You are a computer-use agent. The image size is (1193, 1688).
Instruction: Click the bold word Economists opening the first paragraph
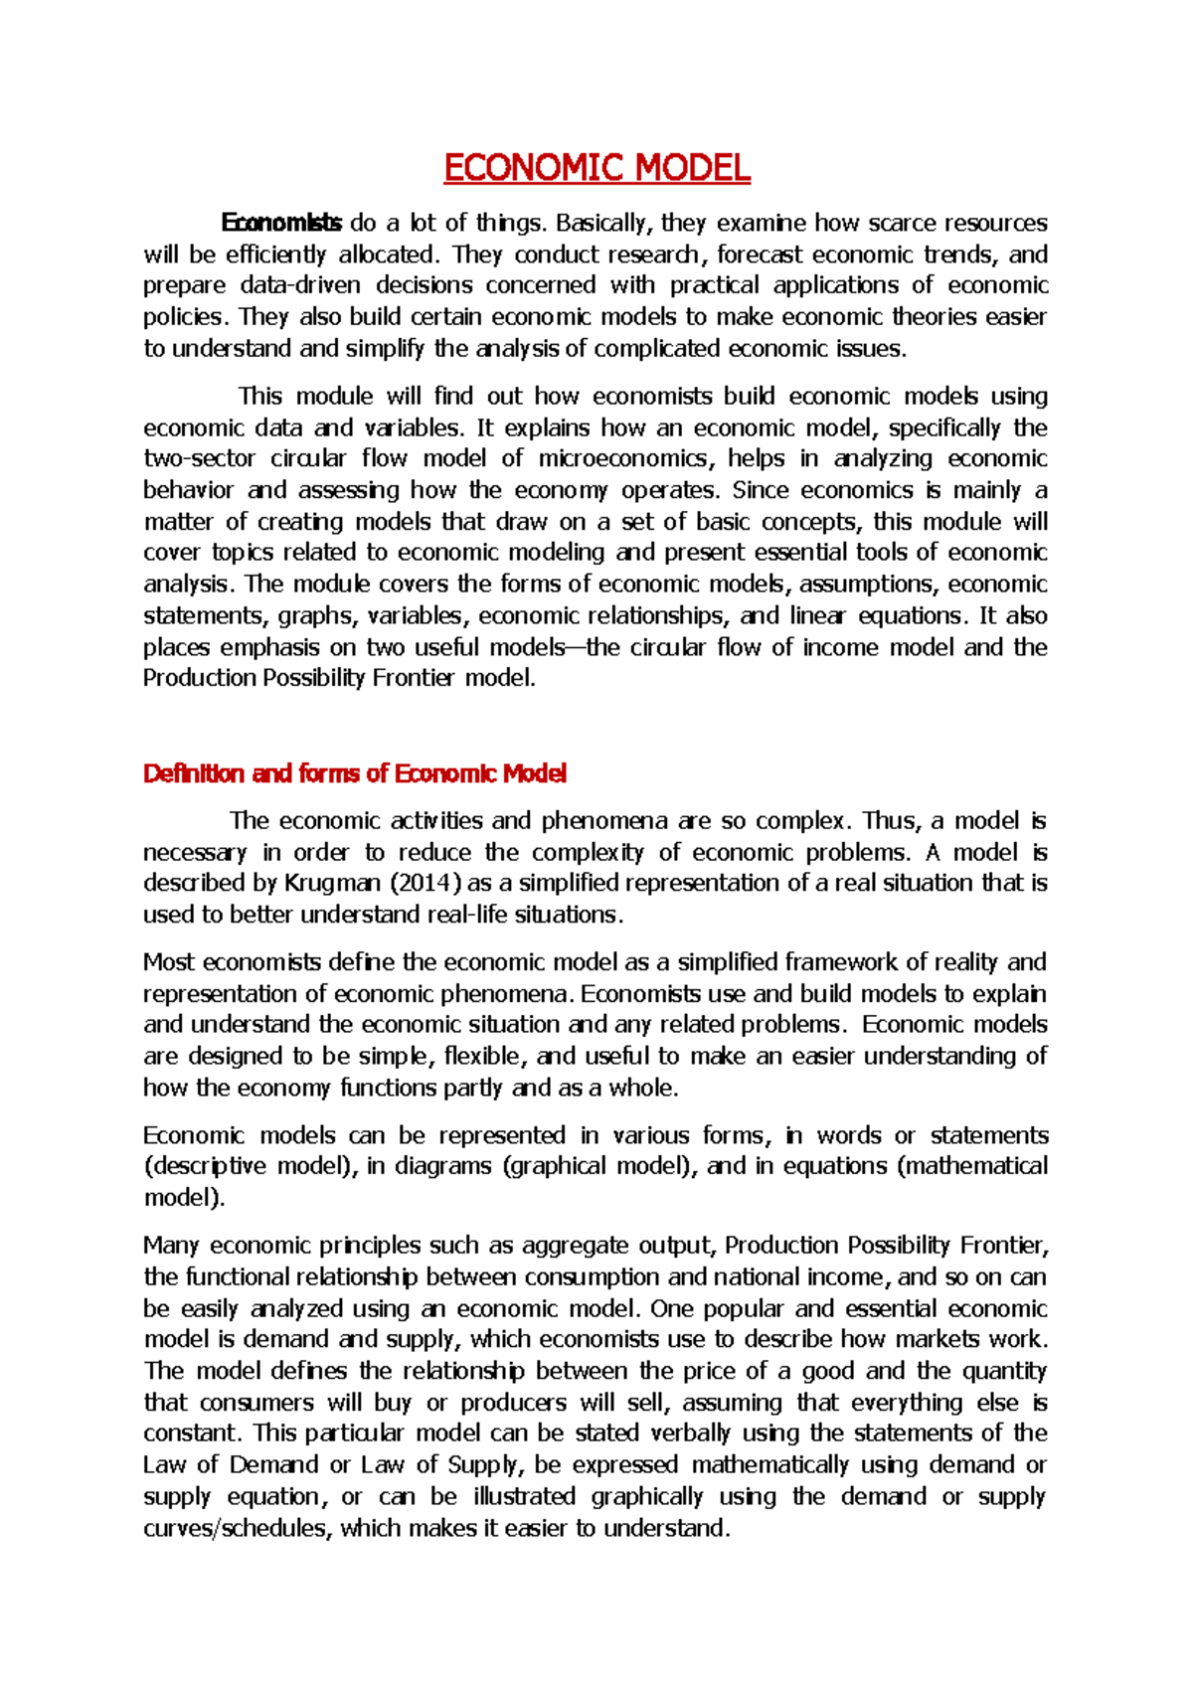tap(281, 223)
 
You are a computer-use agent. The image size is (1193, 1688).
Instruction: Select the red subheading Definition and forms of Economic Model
tap(355, 773)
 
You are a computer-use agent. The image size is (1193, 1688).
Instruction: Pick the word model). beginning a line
tap(184, 1198)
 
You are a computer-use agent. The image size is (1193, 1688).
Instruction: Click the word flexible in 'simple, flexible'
tap(481, 1056)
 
